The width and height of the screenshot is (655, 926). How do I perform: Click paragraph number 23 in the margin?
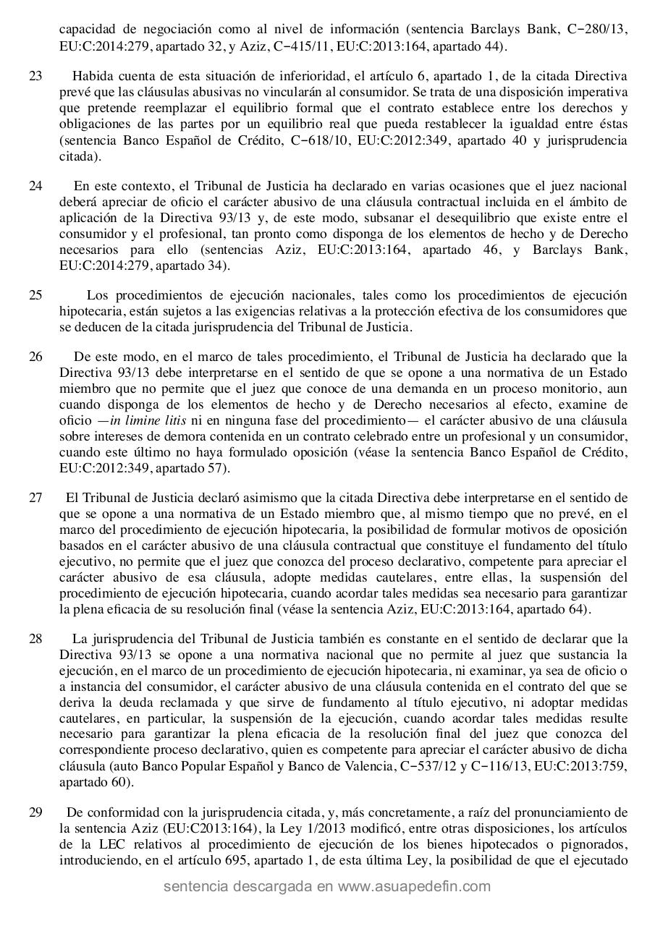pos(35,76)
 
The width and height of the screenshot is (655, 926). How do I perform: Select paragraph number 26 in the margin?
pos(35,357)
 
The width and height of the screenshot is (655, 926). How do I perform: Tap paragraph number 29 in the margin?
pos(35,812)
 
